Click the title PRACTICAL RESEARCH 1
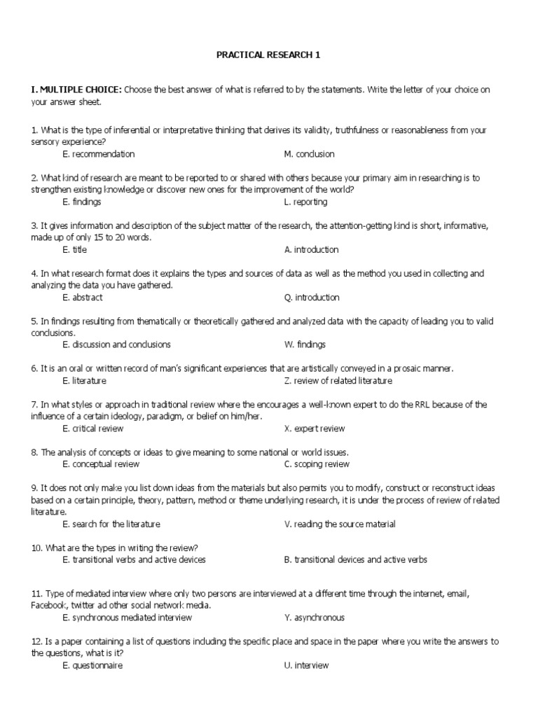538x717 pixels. pyautogui.click(x=269, y=55)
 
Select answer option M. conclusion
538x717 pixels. pyautogui.click(x=309, y=154)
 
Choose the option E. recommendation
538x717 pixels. pyautogui.click(x=98, y=154)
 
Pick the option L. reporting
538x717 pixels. pyautogui.click(x=305, y=202)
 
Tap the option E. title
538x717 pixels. pyautogui.click(x=74, y=249)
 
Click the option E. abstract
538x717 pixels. pyautogui.click(x=82, y=297)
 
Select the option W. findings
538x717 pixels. pyautogui.click(x=305, y=344)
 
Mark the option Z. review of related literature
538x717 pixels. pyautogui.click(x=338, y=381)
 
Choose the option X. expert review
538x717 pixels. pyautogui.click(x=315, y=429)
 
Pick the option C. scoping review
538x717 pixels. pyautogui.click(x=317, y=464)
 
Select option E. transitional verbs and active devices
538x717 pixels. pyautogui.click(x=134, y=559)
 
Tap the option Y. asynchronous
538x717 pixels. pyautogui.click(x=314, y=618)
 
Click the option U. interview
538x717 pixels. pyautogui.click(x=306, y=665)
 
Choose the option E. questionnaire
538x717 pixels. pyautogui.click(x=92, y=665)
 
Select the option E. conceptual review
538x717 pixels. pyautogui.click(x=100, y=464)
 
